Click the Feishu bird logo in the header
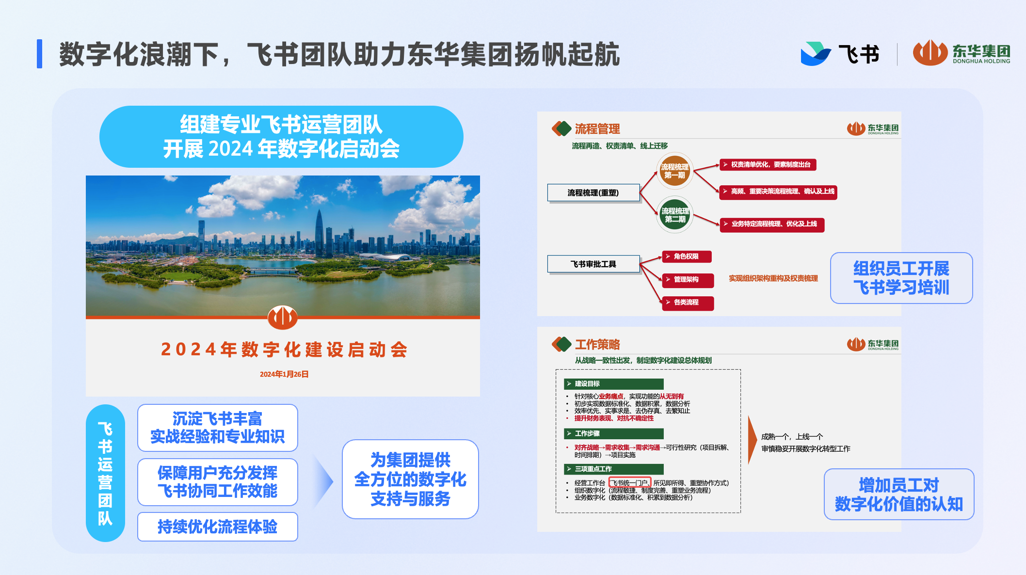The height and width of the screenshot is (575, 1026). coord(816,53)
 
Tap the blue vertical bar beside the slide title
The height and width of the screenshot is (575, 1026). coord(39,54)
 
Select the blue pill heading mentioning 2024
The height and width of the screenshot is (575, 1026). coord(281,137)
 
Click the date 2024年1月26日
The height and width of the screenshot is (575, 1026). coord(284,374)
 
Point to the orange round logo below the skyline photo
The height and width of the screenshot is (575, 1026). coord(283,318)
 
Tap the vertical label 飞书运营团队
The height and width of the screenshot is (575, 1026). coord(105,473)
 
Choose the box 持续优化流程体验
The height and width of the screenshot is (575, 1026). coord(218,527)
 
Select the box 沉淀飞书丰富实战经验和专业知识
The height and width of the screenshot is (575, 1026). coord(218,428)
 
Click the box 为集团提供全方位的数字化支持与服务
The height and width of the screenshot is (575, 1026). coord(410,479)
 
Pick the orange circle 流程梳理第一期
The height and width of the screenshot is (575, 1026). coord(674,171)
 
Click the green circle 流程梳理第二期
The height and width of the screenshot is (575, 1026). coord(675,215)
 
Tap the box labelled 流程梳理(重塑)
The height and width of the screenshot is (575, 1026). coord(593,192)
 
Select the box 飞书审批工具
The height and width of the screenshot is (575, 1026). coord(593,264)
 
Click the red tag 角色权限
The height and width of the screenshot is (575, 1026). coord(687,256)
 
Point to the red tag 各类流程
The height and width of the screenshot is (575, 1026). coord(688,303)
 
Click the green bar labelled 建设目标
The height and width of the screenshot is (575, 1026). coord(613,384)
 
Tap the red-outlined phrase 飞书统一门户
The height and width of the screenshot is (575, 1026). coord(629,483)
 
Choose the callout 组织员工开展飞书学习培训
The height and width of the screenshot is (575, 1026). coord(901,278)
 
